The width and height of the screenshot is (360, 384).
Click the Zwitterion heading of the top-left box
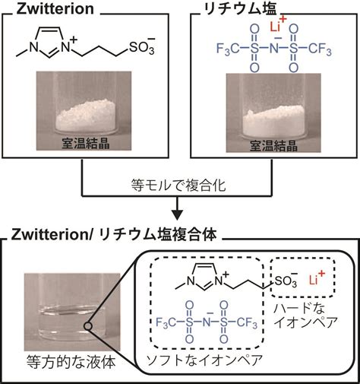[x=55, y=9]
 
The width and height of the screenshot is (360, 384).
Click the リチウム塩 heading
[x=240, y=9]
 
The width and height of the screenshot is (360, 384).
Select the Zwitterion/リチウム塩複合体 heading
[x=114, y=235]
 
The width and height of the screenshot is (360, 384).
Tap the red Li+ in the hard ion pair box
[x=317, y=278]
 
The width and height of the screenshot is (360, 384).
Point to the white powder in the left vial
[x=86, y=115]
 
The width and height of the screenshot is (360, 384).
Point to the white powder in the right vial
[x=273, y=120]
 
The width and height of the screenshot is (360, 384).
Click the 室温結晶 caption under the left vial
[x=86, y=144]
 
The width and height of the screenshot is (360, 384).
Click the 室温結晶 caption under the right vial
[x=273, y=145]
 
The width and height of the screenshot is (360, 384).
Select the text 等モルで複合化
[x=178, y=185]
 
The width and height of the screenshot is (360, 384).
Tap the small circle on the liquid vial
[x=88, y=326]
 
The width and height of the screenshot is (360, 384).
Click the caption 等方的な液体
[x=71, y=362]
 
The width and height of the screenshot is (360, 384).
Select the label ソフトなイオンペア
[x=204, y=360]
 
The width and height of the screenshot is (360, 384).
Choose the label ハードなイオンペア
[x=306, y=315]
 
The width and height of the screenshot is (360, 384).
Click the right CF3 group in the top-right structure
[x=320, y=49]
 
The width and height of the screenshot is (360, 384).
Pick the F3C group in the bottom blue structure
[x=166, y=322]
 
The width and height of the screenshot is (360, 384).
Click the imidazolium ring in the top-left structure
[x=49, y=40]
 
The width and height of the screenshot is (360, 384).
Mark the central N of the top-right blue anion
[x=274, y=49]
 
